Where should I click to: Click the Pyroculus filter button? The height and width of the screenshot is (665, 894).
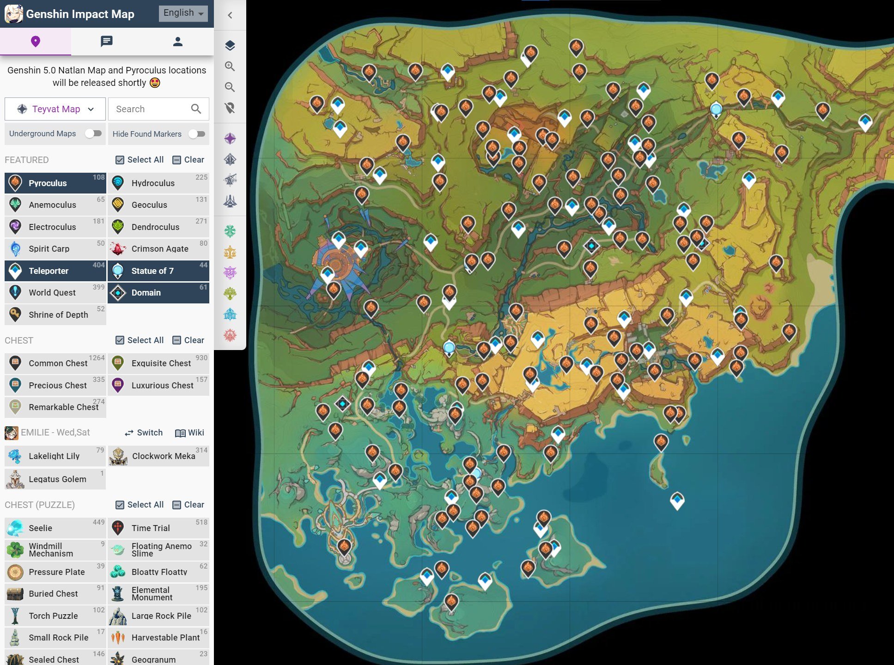point(55,183)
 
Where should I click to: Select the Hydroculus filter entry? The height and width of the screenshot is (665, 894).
point(158,183)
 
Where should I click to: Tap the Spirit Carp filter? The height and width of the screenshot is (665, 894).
point(55,248)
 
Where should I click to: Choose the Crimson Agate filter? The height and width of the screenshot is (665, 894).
point(158,248)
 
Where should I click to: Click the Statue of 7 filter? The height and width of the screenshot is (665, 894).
point(158,271)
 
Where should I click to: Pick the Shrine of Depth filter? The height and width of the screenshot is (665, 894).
point(55,314)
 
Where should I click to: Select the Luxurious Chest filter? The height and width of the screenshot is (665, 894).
point(158,385)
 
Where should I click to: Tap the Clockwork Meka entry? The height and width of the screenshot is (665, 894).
point(158,456)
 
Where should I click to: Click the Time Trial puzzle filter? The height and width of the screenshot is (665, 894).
point(158,528)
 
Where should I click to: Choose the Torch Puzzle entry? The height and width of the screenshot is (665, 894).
point(55,616)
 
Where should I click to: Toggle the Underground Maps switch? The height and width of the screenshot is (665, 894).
point(93,133)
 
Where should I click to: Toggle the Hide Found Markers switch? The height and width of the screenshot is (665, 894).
point(197,134)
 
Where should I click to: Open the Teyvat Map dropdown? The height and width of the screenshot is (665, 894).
point(55,109)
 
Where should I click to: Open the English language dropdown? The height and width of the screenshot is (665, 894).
point(183,13)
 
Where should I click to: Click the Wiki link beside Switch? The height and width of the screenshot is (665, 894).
point(190,433)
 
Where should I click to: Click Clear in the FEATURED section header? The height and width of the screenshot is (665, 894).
point(189,160)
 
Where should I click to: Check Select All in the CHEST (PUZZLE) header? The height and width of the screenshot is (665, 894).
point(140,505)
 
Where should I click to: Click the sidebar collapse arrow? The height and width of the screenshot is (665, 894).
point(230,15)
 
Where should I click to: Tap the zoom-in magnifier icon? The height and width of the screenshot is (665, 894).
point(230,66)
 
